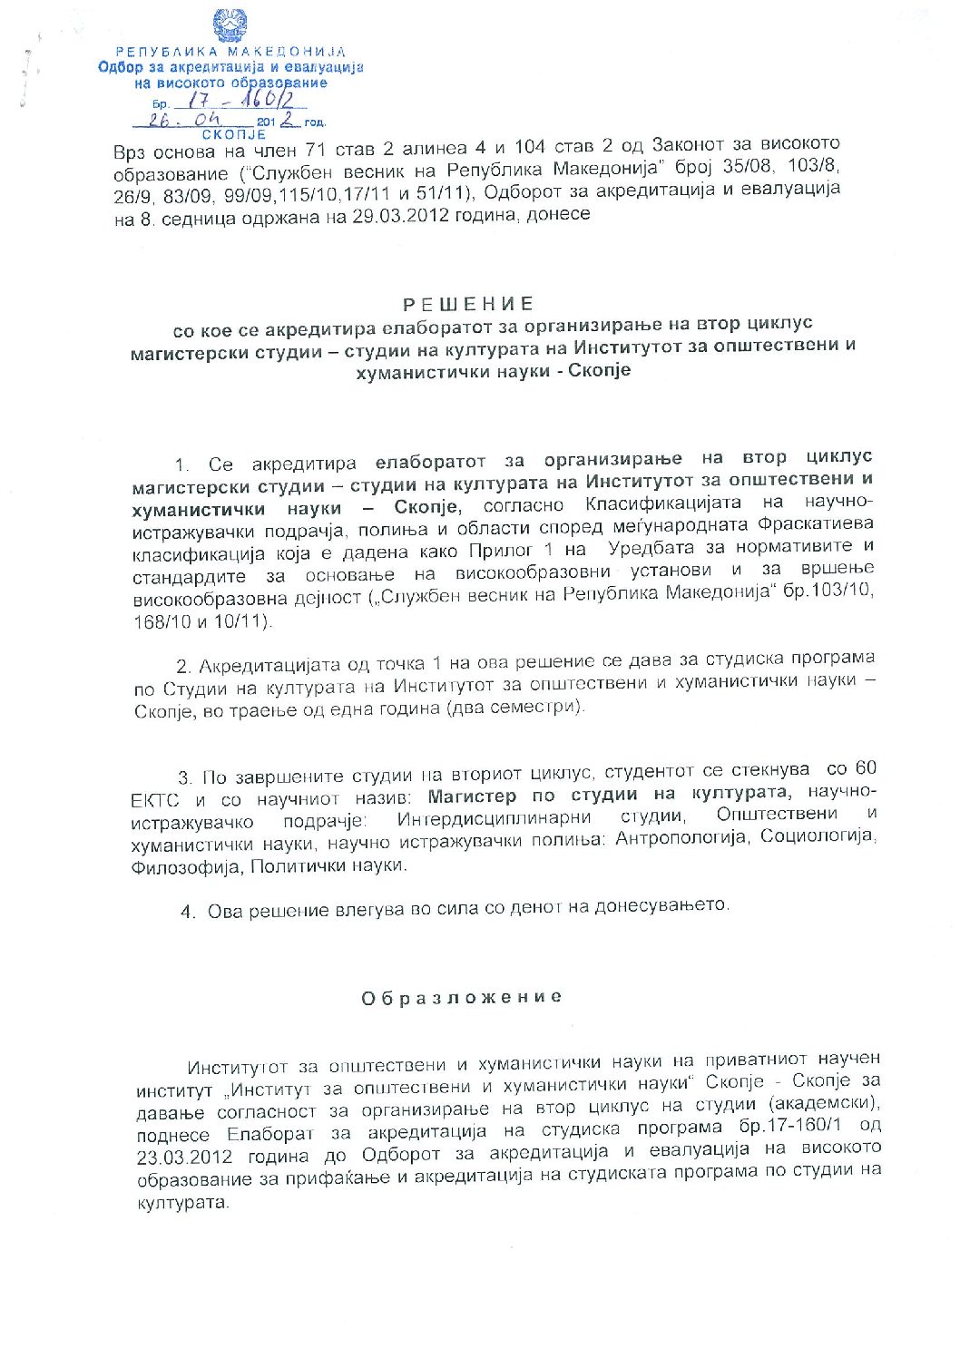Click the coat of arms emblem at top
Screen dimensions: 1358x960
[x=230, y=24]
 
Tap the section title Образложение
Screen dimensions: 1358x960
[x=462, y=998]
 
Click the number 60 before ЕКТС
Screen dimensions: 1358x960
[x=865, y=769]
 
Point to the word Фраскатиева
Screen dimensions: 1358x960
[x=815, y=524]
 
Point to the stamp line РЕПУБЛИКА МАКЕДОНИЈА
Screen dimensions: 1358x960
[x=230, y=52]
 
